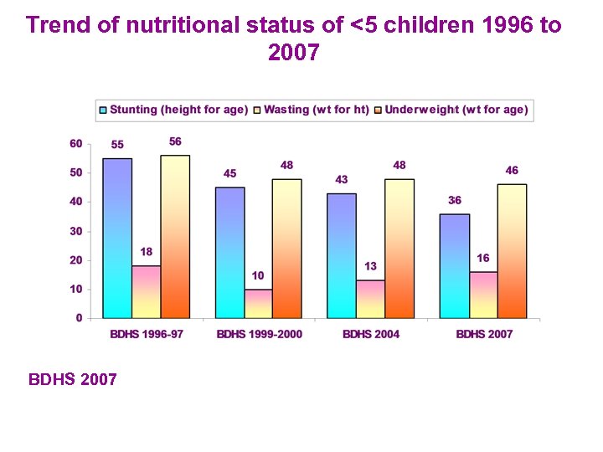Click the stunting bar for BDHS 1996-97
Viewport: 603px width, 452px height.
pos(117,238)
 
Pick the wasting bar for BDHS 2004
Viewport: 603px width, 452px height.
pos(371,299)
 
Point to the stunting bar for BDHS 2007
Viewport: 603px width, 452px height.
pos(455,265)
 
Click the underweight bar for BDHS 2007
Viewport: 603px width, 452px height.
pos(512,250)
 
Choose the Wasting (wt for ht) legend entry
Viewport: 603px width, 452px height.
pos(317,110)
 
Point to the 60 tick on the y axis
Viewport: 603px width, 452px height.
pos(76,144)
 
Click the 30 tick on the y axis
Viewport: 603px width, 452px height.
pos(76,231)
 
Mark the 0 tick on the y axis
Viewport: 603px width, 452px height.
pos(79,318)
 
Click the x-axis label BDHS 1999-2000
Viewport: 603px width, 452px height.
pos(260,334)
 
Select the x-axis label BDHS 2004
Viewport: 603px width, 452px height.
pos(371,334)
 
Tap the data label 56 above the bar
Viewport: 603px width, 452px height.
pos(175,141)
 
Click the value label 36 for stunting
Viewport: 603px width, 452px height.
pos(455,200)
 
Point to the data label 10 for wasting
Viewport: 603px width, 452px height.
pos(258,275)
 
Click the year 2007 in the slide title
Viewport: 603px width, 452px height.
pos(293,53)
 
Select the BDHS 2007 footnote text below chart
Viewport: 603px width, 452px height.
pos(73,380)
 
